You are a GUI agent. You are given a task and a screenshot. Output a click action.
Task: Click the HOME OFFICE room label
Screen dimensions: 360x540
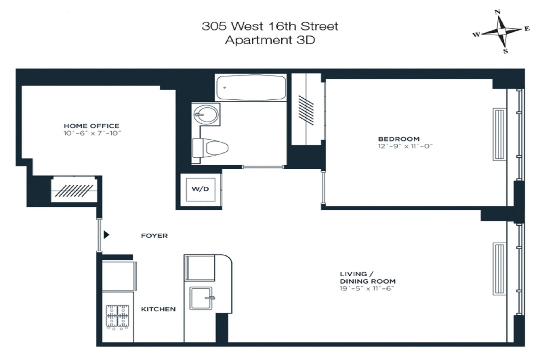click(x=91, y=126)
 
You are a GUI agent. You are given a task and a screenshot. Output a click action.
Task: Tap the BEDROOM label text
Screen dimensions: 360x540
click(x=399, y=139)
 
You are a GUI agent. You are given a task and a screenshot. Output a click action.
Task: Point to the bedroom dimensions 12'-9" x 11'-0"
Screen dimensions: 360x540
click(x=405, y=146)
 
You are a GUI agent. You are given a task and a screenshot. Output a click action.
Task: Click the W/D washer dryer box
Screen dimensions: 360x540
click(x=200, y=189)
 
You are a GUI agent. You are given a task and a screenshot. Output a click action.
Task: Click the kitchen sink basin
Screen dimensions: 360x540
click(x=200, y=298)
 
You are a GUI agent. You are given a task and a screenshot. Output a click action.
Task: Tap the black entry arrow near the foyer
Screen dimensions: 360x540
click(x=106, y=235)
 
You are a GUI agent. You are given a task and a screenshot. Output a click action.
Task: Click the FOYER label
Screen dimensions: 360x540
click(x=154, y=236)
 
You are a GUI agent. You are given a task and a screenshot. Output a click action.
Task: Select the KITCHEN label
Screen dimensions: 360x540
click(x=158, y=309)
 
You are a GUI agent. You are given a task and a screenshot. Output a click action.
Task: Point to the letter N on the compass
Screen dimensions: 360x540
click(x=497, y=12)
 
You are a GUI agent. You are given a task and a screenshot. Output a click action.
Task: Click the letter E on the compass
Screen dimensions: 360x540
click(x=527, y=29)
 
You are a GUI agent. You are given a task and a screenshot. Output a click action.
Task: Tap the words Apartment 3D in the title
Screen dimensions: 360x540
click(x=270, y=40)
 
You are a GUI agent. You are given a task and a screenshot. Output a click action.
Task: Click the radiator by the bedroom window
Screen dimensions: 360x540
click(x=499, y=134)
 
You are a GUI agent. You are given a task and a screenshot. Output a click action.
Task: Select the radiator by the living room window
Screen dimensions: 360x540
click(x=499, y=269)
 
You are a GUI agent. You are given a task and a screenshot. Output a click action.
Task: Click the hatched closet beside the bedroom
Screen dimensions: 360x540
click(x=306, y=109)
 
